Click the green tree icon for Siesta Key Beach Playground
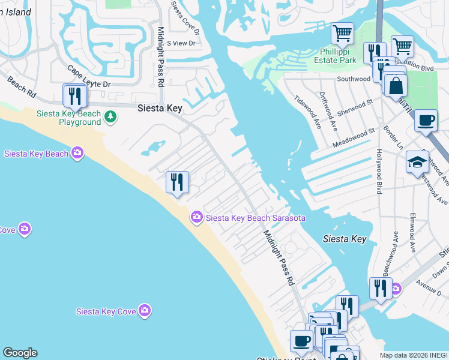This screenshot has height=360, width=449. coord(110,116)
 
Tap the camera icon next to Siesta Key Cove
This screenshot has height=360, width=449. coord(144,310)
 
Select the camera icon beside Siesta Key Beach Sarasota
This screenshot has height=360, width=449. coord(196,217)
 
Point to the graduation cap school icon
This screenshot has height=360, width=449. coord(417,163)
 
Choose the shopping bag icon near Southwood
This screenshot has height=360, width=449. coord(396,85)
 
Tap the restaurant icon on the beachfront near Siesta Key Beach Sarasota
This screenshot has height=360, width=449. coord(177,182)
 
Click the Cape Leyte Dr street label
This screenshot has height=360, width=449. coord(88,77)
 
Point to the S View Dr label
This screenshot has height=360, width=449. coord(181,43)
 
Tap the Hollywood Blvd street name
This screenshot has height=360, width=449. coord(379,171)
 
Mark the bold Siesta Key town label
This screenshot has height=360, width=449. coord(160,108)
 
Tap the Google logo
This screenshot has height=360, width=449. coord(20,353)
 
